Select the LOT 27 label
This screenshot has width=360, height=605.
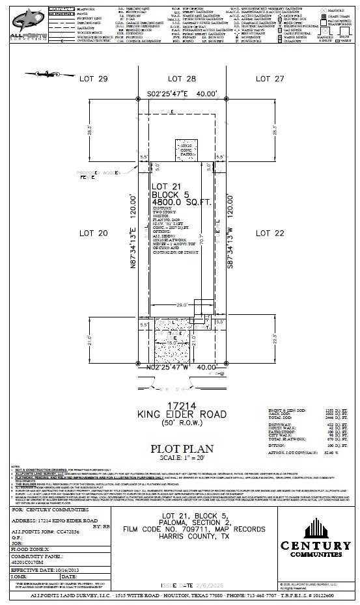pos(271,79)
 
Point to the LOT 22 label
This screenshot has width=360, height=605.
pos(271,232)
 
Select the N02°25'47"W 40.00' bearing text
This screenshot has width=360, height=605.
pos(182,368)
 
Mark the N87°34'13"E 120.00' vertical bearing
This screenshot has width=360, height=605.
pos(133,233)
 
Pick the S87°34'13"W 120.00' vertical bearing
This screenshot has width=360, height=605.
pos(230,233)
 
